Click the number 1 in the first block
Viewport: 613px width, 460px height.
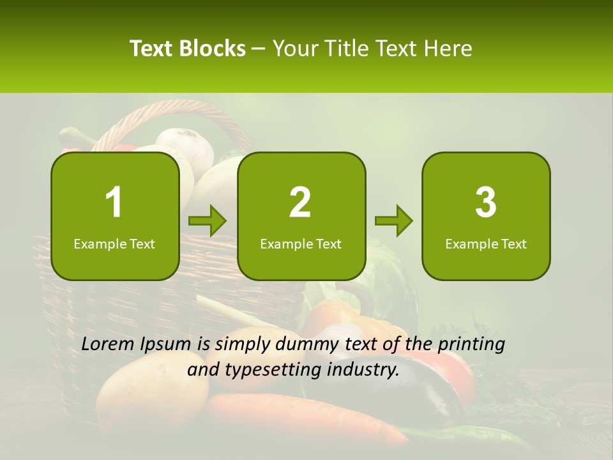tap(114, 203)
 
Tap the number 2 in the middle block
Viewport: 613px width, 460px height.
tap(300, 203)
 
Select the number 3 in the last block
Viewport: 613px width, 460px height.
tap(486, 203)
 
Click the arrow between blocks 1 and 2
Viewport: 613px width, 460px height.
tap(208, 221)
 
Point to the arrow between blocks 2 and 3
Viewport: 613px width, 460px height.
tap(393, 221)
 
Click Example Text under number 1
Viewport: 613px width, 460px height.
tap(114, 244)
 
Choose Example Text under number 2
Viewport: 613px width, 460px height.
tap(301, 244)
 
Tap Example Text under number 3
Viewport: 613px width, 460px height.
tap(486, 244)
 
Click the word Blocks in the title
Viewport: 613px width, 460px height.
tap(212, 49)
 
